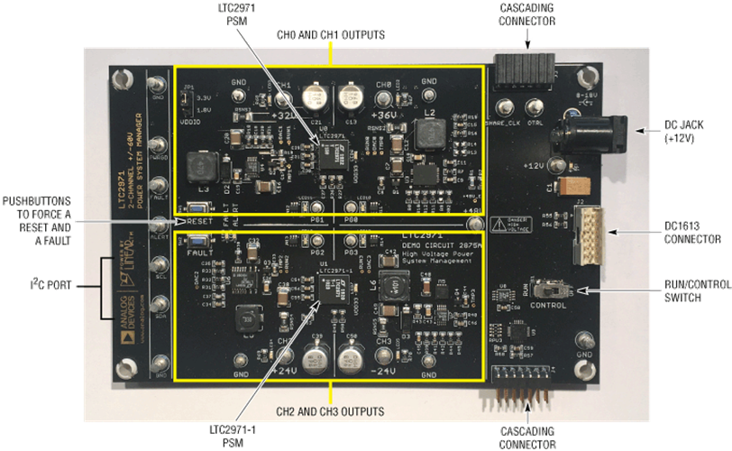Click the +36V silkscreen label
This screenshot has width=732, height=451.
385,116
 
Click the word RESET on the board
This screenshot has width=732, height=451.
201,221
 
